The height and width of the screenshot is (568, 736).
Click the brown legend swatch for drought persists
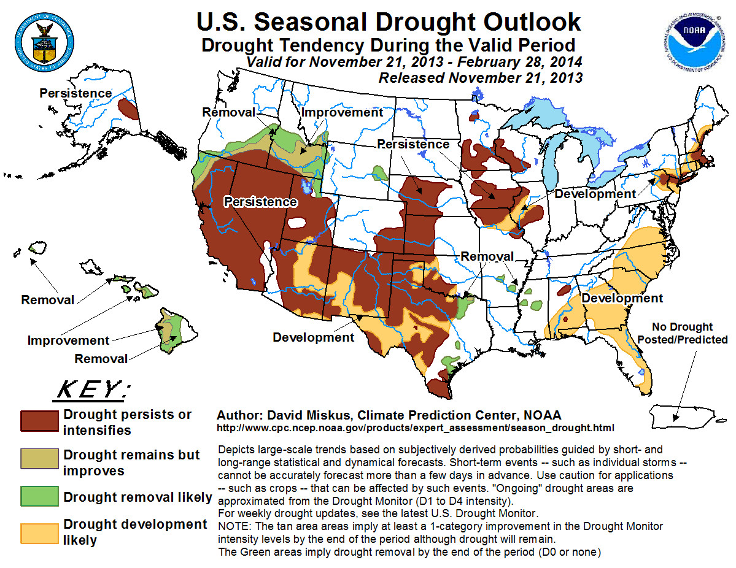click(x=39, y=421)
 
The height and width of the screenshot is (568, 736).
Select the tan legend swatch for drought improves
click(x=39, y=462)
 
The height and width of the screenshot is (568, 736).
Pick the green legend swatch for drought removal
click(x=39, y=496)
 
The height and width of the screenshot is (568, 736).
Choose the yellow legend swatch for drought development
click(x=39, y=531)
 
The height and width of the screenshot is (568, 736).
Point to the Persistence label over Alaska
click(x=76, y=93)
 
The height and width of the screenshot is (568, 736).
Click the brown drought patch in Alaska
click(x=128, y=109)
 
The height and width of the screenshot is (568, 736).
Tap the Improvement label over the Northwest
click(x=342, y=112)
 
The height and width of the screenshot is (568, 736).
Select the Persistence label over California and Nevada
click(x=260, y=202)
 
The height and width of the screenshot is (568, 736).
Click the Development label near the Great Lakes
click(x=595, y=194)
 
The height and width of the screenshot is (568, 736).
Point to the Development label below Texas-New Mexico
click(x=314, y=337)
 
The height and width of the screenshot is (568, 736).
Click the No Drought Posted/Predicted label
click(x=682, y=333)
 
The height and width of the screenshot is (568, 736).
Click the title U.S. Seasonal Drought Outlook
click(x=389, y=21)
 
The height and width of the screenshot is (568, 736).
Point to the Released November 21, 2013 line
click(x=480, y=78)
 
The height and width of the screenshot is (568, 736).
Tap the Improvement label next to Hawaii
click(x=68, y=340)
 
